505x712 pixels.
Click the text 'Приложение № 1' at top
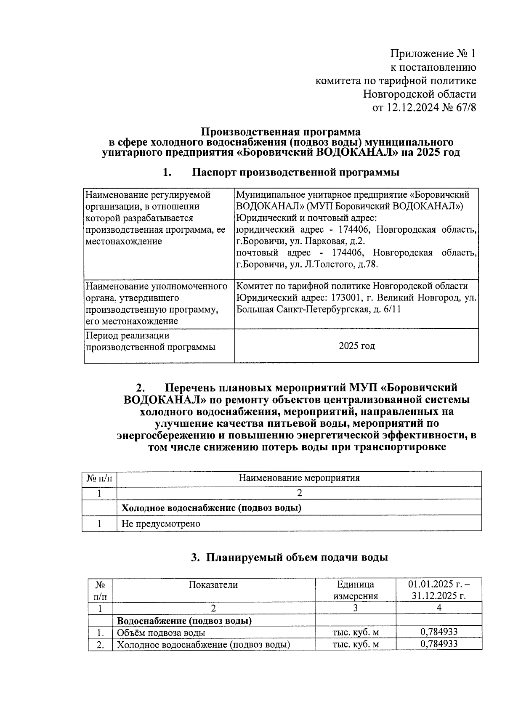point(433,54)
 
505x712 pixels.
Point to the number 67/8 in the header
point(464,108)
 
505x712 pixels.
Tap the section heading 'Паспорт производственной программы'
point(295,172)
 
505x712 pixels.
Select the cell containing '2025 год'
point(356,346)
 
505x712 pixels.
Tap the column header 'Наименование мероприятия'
point(299,478)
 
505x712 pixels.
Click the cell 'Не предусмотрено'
point(161,524)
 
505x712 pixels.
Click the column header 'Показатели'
point(213,585)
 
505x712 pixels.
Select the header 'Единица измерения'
point(356,590)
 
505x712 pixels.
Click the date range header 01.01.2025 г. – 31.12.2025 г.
point(439,590)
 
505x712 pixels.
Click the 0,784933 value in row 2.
point(439,644)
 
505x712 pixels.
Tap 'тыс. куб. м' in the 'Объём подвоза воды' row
point(356,632)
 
